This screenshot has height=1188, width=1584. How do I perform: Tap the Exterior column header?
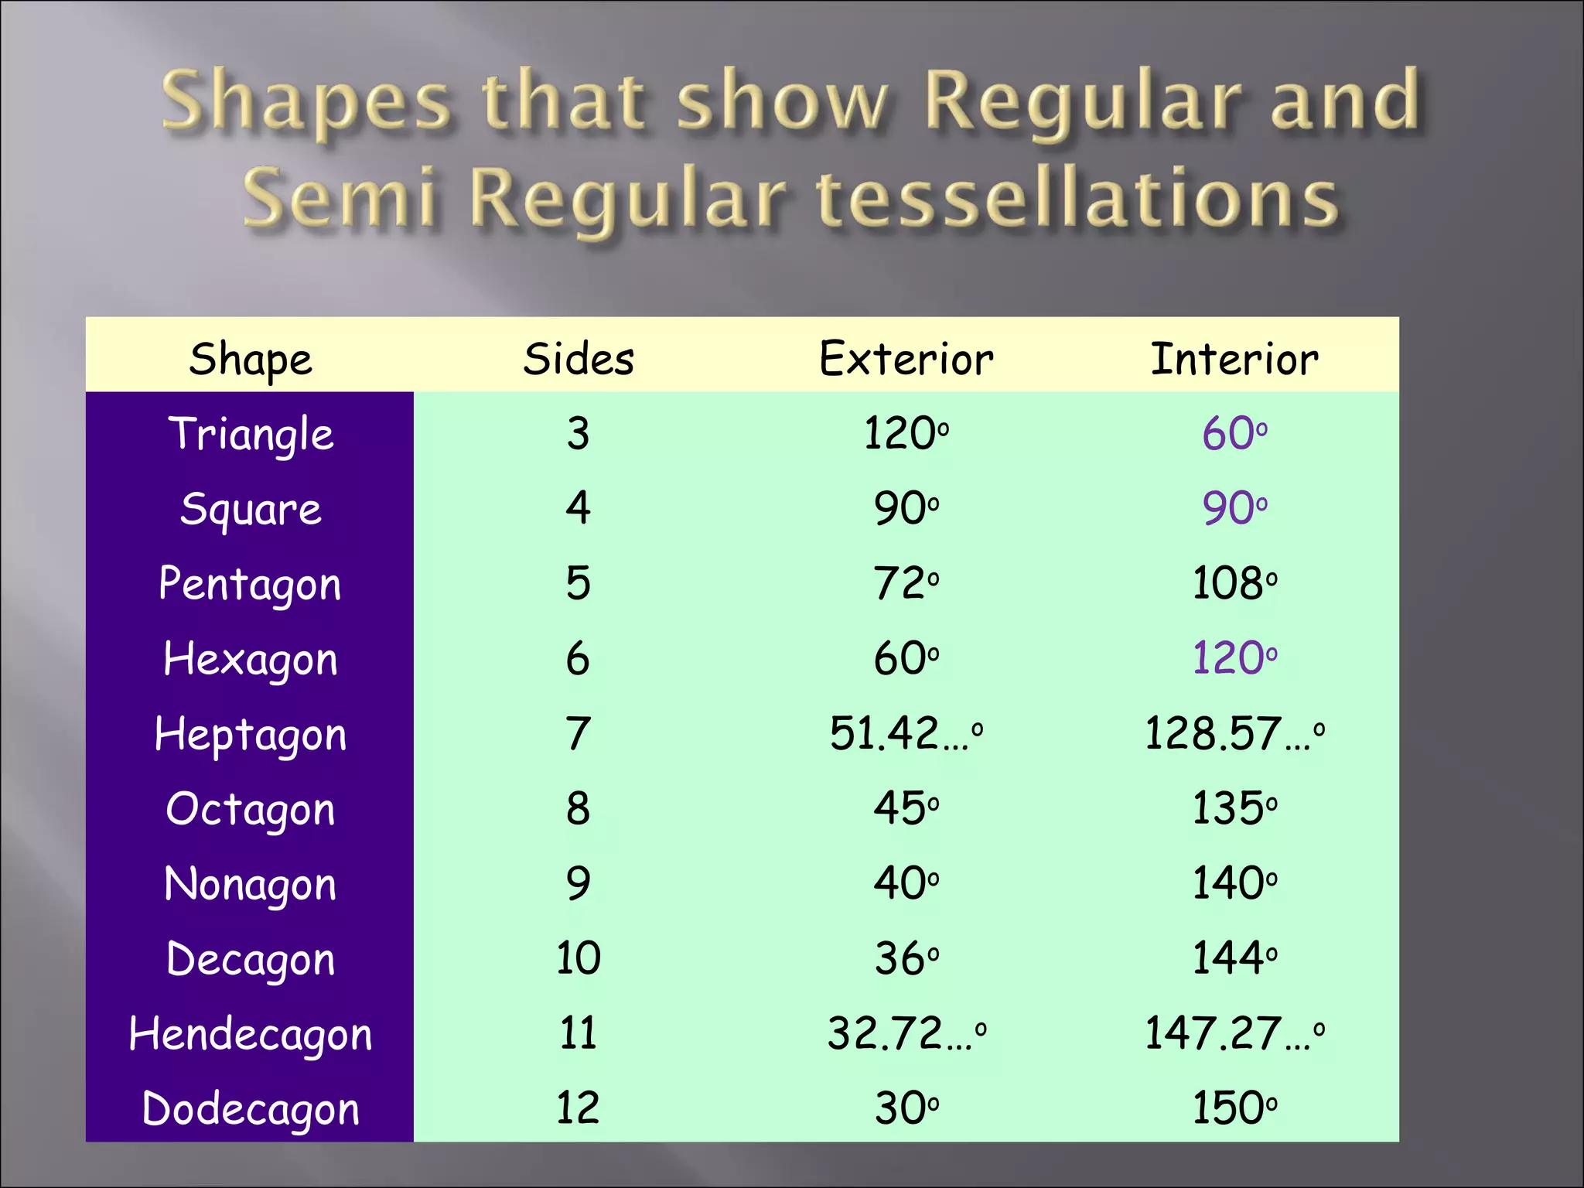point(906,359)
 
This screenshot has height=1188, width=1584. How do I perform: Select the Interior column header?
point(1234,359)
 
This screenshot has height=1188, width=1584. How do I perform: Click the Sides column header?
point(579,359)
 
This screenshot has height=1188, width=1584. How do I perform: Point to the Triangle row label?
point(251,434)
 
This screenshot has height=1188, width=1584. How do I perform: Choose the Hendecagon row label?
point(251,1035)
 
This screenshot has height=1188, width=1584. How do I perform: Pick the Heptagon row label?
point(251,734)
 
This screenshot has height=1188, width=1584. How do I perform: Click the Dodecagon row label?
point(251,1109)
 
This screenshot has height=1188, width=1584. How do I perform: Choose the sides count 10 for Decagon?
point(579,958)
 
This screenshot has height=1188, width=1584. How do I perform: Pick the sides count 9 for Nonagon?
point(579,883)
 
